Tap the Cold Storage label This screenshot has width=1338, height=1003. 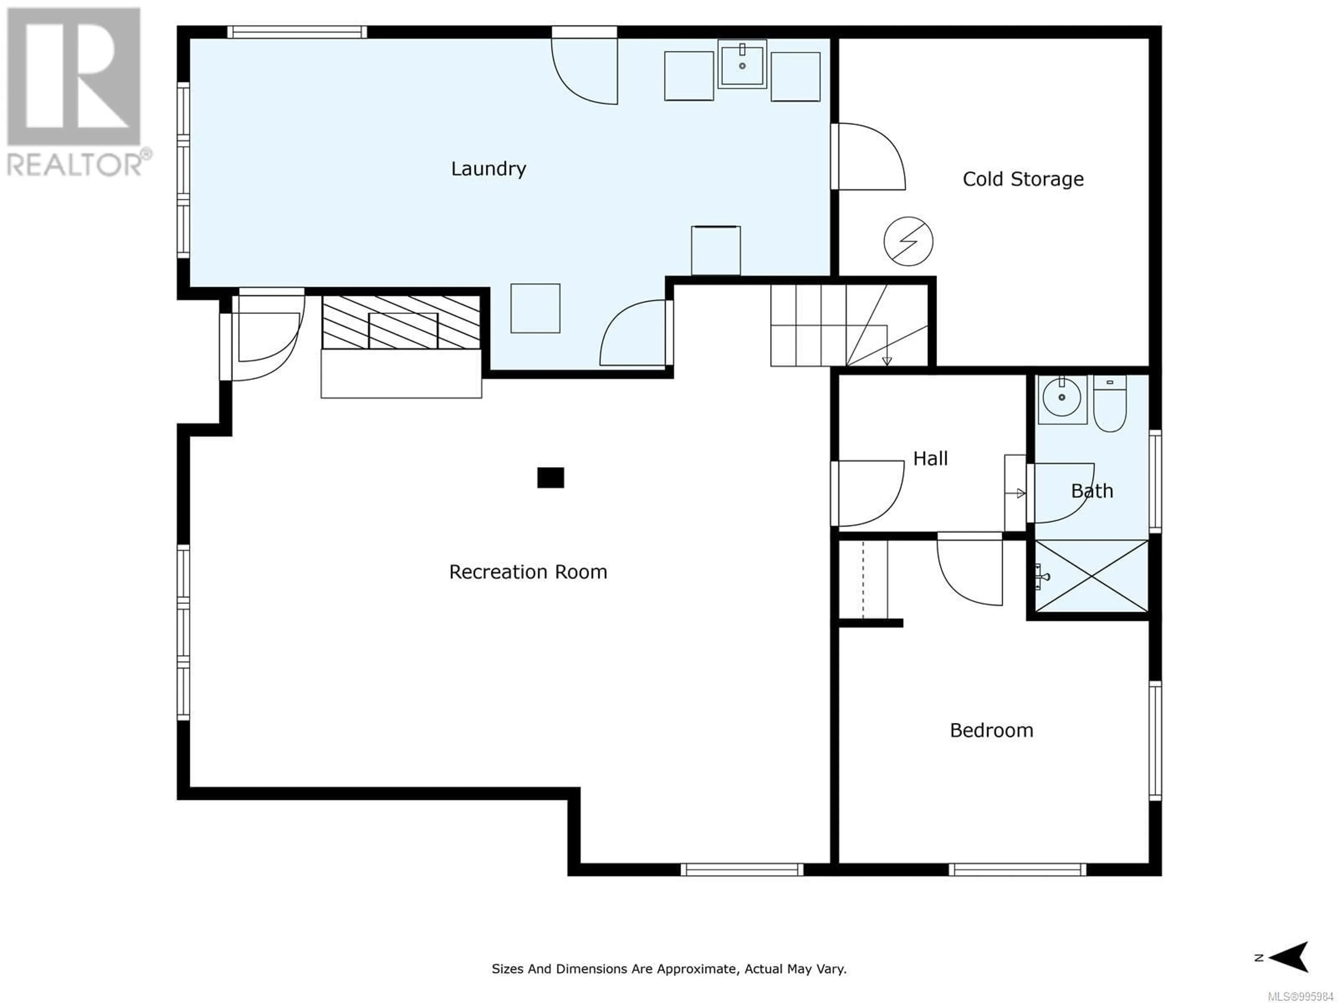(1023, 179)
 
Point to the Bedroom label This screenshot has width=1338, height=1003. (991, 730)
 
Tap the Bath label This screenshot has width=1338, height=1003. (1092, 491)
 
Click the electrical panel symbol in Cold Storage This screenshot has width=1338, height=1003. (908, 241)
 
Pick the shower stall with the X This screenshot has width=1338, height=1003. (1092, 576)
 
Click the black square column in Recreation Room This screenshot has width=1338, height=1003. (551, 477)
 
